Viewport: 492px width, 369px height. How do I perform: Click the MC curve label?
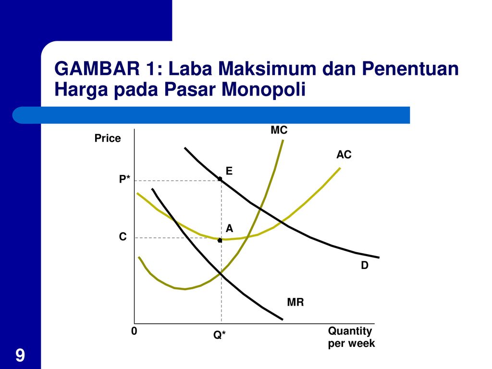click(x=279, y=130)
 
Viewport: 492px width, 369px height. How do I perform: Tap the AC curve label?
click(x=344, y=154)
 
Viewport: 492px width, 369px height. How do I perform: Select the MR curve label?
click(x=295, y=302)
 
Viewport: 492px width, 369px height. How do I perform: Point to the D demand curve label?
click(x=365, y=265)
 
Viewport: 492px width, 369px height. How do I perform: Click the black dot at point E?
click(x=220, y=179)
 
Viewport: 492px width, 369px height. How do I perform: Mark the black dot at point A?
click(x=220, y=240)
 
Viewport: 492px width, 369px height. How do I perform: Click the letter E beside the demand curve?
click(x=229, y=171)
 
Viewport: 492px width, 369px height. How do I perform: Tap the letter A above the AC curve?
click(x=229, y=228)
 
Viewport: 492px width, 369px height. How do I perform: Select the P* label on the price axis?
click(x=124, y=179)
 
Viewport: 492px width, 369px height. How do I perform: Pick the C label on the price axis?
click(x=123, y=236)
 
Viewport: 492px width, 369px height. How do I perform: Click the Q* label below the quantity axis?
click(x=219, y=335)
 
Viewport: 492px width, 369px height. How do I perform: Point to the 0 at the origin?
click(x=134, y=331)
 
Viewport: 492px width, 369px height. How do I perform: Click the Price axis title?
click(x=108, y=138)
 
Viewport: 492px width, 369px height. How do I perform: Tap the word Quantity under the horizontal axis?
click(x=350, y=332)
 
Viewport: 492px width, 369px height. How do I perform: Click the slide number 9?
click(x=20, y=355)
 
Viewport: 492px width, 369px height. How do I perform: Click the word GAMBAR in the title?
click(x=97, y=68)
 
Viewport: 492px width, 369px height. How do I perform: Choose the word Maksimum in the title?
click(x=267, y=68)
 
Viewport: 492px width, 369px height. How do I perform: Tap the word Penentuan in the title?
click(x=410, y=68)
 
